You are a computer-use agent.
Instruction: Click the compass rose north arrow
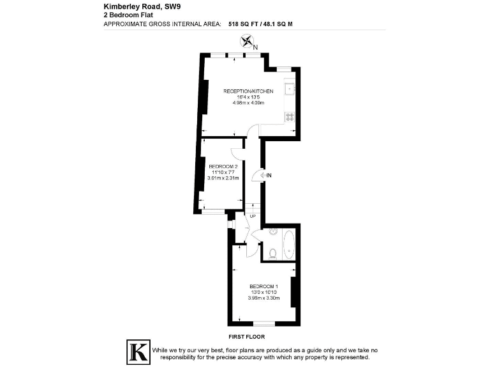click(x=245, y=42)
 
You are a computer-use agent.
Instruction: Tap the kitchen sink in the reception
click(x=289, y=89)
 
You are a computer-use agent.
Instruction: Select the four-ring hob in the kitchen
click(x=289, y=117)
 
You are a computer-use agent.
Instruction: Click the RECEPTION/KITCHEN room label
click(x=248, y=91)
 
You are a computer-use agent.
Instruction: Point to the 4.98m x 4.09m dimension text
click(x=248, y=103)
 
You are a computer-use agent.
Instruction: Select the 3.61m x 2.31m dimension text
click(x=223, y=178)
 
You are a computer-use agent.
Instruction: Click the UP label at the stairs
click(x=252, y=216)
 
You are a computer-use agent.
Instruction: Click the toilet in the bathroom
click(x=272, y=254)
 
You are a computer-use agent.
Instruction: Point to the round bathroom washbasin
click(x=272, y=231)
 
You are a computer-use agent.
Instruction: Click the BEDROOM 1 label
click(x=264, y=286)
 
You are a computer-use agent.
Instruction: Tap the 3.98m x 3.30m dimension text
click(x=264, y=298)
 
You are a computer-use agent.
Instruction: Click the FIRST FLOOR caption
click(x=246, y=336)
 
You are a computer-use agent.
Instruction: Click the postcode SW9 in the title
click(x=173, y=7)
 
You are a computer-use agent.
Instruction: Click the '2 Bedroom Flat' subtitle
click(x=124, y=15)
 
